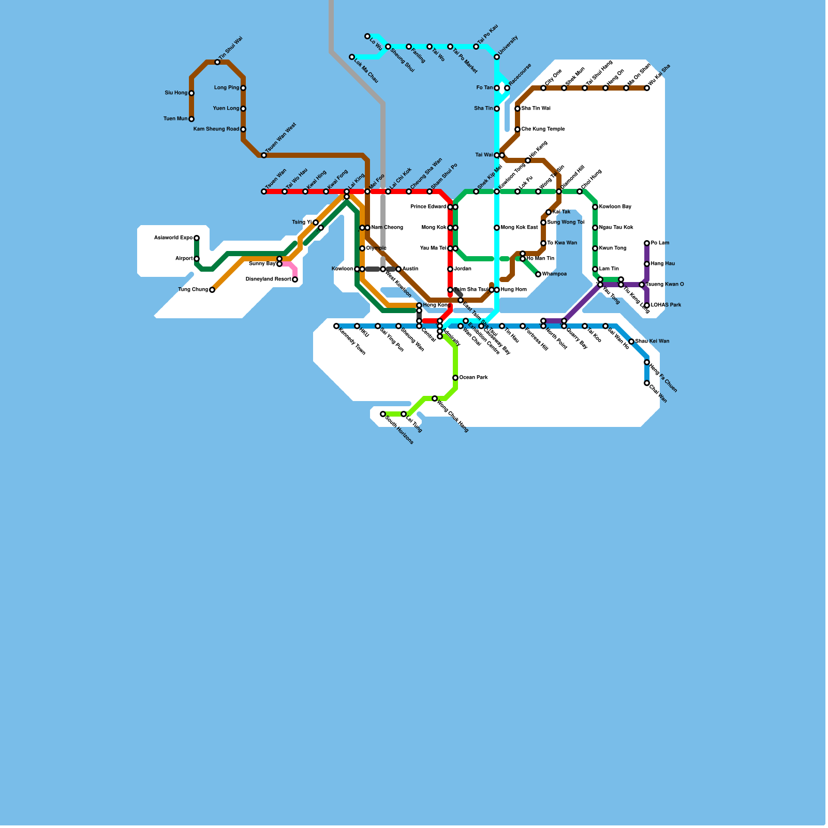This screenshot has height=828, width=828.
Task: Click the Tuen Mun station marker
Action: (191, 119)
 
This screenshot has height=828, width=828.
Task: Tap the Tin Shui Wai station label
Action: (230, 48)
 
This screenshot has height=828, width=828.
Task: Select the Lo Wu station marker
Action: (367, 36)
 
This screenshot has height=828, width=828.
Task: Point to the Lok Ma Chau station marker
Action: (352, 57)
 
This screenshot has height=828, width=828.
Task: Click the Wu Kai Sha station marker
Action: (647, 88)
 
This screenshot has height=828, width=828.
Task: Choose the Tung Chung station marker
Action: (212, 290)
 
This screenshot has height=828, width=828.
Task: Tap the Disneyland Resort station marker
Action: (295, 279)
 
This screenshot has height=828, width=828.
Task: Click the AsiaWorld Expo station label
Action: (173, 238)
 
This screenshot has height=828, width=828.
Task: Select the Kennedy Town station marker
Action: (336, 326)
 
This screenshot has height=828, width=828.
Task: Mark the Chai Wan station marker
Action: (647, 383)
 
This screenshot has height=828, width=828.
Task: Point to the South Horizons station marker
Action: (383, 414)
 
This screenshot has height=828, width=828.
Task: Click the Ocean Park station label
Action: (474, 378)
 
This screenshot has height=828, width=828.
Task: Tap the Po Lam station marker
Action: (647, 243)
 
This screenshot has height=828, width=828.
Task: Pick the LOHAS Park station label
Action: (666, 305)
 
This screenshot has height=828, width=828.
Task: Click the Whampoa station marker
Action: (538, 274)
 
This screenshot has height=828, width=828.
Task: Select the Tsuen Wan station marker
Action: (264, 191)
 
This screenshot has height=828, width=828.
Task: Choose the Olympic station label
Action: (376, 248)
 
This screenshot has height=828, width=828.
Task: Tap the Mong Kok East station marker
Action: (497, 228)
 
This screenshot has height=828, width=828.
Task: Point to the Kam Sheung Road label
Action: (216, 129)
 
